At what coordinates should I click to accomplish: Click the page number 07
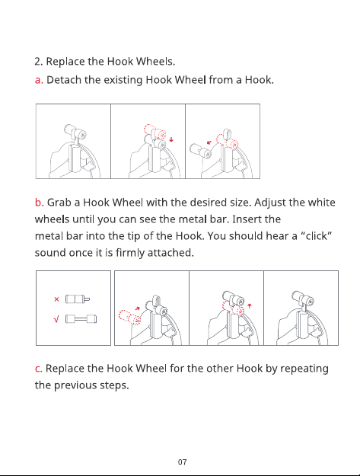click(182, 462)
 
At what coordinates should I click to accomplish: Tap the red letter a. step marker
click(39, 80)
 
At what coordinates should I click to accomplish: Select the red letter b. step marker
click(40, 202)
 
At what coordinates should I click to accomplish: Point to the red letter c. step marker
click(39, 369)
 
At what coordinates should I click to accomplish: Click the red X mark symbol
click(56, 299)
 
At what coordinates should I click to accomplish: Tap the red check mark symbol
click(56, 319)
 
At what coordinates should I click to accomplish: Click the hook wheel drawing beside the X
click(78, 299)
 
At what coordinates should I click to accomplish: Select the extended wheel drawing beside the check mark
click(81, 319)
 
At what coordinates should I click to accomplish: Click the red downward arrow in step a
click(171, 139)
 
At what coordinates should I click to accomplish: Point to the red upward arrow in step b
click(250, 306)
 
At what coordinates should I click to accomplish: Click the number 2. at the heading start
click(39, 62)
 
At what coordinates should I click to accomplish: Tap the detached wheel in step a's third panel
click(201, 152)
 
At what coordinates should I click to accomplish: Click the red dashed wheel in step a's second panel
click(155, 132)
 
